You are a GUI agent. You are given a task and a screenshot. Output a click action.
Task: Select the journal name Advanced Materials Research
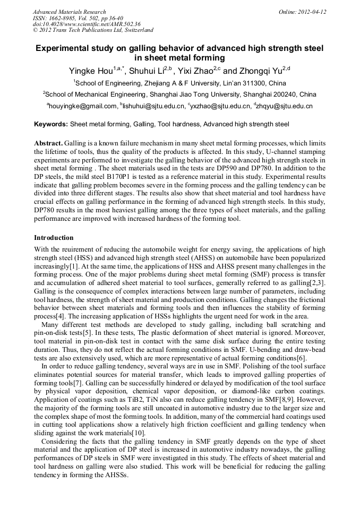[70, 12]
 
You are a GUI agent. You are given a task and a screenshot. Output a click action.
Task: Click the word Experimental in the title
[61, 48]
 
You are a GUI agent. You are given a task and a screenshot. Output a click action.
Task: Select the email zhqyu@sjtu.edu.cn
[284, 106]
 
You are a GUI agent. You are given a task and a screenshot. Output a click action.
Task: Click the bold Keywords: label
[51, 124]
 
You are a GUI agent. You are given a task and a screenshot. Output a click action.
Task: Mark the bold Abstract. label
[48, 143]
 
